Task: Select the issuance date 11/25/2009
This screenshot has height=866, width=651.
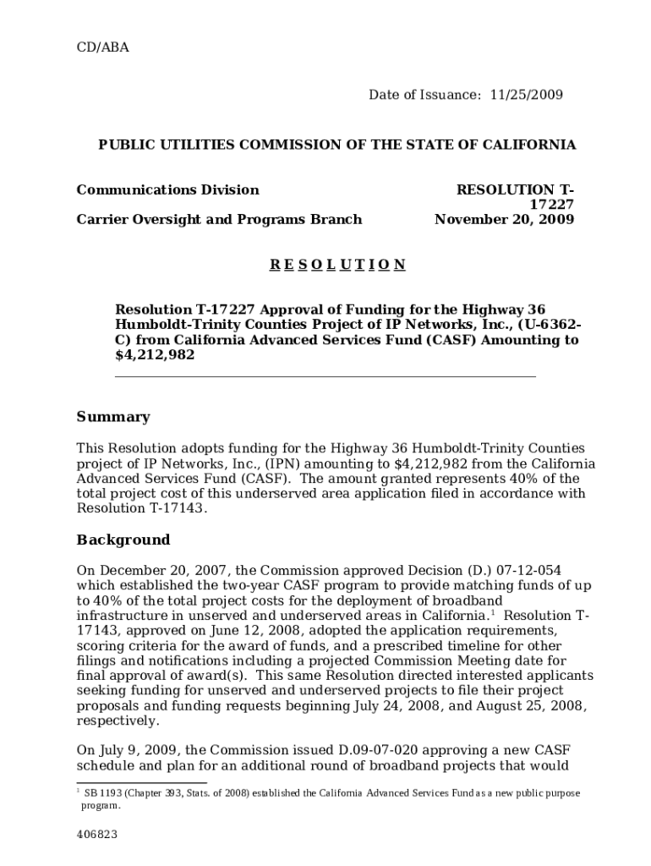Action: click(x=526, y=95)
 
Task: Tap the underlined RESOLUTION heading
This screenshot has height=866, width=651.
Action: click(x=337, y=265)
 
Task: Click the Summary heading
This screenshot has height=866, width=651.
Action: click(x=113, y=417)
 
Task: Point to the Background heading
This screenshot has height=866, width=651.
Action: click(x=123, y=540)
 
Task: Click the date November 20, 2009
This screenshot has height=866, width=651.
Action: click(x=504, y=220)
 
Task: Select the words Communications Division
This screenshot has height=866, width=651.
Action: click(x=167, y=189)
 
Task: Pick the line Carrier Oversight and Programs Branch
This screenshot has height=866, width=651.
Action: click(x=219, y=220)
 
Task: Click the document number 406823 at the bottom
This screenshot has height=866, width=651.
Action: click(x=96, y=835)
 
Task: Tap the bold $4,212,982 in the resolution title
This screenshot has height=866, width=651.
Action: click(x=155, y=355)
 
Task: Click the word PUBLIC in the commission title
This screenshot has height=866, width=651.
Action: click(x=127, y=145)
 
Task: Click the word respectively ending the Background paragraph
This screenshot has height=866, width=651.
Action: click(x=117, y=721)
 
